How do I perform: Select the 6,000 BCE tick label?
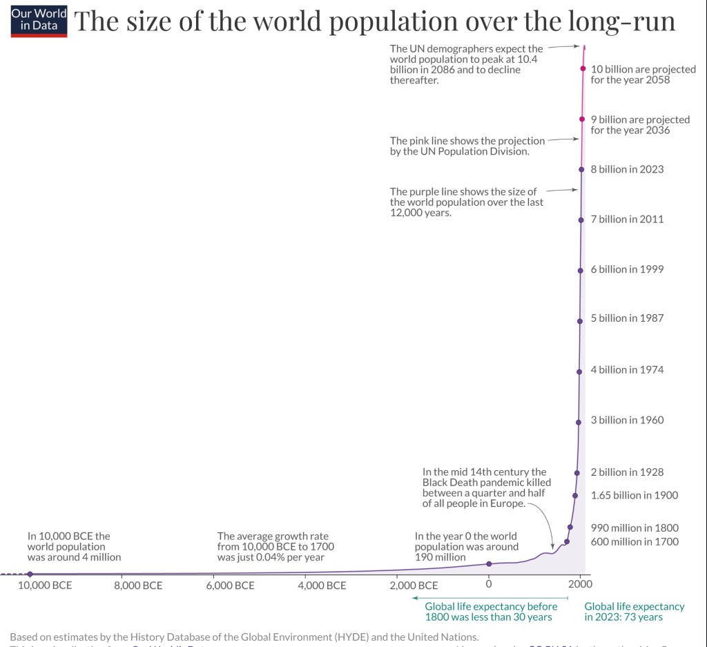coord(231,586)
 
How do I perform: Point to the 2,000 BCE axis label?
coord(414,586)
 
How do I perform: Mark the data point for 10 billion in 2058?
coord(583,68)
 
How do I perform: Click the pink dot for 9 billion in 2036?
coord(583,119)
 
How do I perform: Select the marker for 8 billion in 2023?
coord(582,169)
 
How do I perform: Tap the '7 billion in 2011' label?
coord(627,220)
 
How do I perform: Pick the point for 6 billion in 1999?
coord(581,269)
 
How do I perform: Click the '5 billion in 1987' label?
coord(627,319)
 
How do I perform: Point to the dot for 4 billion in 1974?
coord(579,370)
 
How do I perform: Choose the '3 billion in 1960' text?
coord(627,421)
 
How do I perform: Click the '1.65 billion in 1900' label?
coord(635,495)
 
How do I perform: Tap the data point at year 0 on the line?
coord(489,563)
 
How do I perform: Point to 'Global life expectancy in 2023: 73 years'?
coord(634,612)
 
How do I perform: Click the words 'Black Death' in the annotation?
coord(452,482)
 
